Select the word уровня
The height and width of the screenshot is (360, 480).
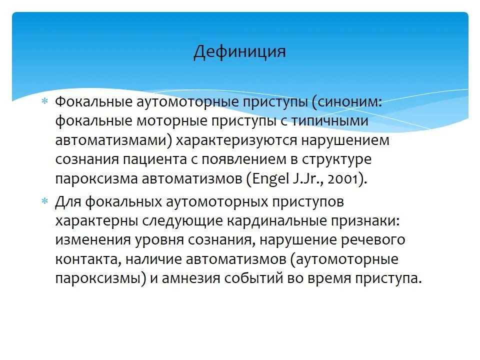tap(159, 240)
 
